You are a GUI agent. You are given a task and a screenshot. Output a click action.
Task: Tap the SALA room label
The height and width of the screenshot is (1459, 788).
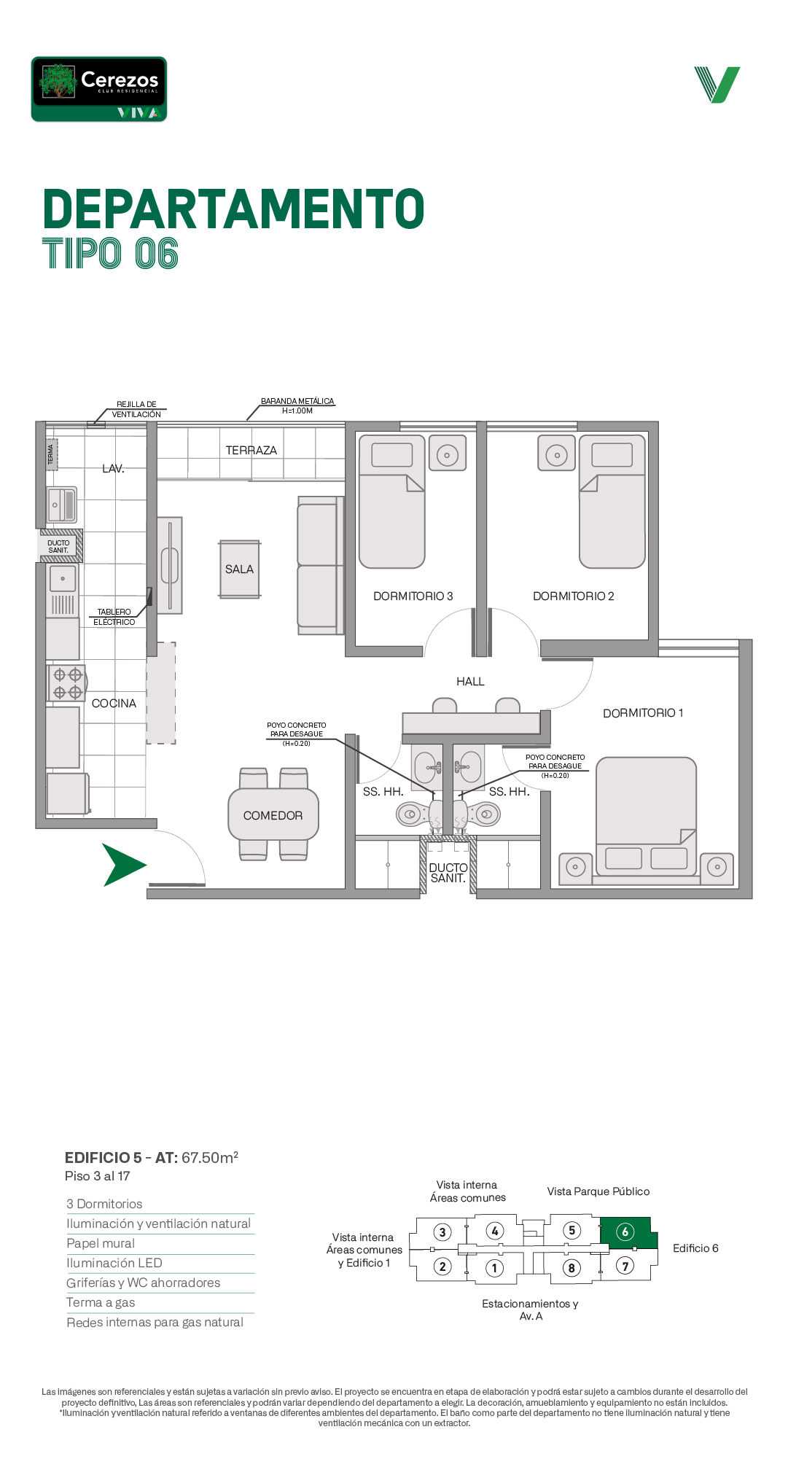[x=239, y=569]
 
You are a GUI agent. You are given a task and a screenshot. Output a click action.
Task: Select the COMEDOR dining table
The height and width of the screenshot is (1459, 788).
[x=273, y=814]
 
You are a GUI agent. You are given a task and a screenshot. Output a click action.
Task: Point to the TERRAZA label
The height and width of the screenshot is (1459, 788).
[x=251, y=451]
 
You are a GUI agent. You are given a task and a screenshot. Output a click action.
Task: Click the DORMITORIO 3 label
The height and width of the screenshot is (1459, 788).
[x=413, y=596]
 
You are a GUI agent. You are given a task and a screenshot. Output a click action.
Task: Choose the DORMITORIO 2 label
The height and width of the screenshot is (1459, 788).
[x=574, y=596]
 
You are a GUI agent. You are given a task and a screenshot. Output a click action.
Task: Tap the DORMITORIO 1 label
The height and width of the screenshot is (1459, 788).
[x=643, y=713]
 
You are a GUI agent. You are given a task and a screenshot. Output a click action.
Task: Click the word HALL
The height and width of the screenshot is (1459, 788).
[x=470, y=682]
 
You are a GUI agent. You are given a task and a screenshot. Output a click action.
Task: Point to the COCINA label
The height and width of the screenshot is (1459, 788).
[x=114, y=704]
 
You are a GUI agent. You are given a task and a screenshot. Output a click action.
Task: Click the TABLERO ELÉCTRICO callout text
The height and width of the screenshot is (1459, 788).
[x=114, y=617]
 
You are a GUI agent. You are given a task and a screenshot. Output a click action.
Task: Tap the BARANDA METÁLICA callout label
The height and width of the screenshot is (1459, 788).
[x=297, y=406]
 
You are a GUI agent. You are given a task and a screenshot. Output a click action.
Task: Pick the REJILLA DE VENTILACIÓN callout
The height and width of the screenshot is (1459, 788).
[x=136, y=409]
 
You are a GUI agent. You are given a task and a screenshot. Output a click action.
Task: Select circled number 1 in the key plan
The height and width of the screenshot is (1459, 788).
[x=494, y=1268]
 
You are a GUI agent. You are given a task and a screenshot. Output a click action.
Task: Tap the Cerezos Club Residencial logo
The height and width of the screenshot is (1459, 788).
[x=99, y=89]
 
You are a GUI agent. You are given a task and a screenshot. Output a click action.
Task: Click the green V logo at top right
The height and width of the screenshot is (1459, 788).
[x=717, y=85]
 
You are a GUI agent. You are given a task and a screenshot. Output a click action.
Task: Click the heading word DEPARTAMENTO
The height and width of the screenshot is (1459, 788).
[x=234, y=209]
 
